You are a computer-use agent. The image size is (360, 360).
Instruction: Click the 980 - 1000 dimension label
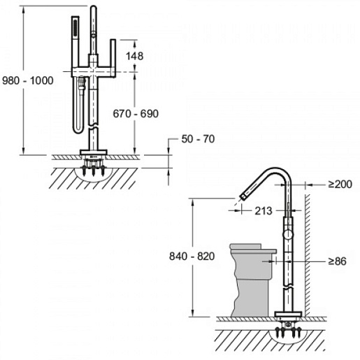tap(28, 80)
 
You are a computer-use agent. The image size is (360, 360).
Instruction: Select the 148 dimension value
tap(134, 56)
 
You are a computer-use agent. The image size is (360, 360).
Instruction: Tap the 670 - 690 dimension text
tap(136, 114)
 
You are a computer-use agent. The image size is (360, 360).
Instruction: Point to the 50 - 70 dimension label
tap(198, 139)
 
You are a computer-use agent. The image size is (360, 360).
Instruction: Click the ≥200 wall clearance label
tap(340, 185)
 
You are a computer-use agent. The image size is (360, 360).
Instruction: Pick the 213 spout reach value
tap(264, 211)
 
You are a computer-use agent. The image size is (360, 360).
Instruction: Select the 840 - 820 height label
tap(192, 257)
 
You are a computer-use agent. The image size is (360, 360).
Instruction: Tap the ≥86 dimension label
tap(337, 261)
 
